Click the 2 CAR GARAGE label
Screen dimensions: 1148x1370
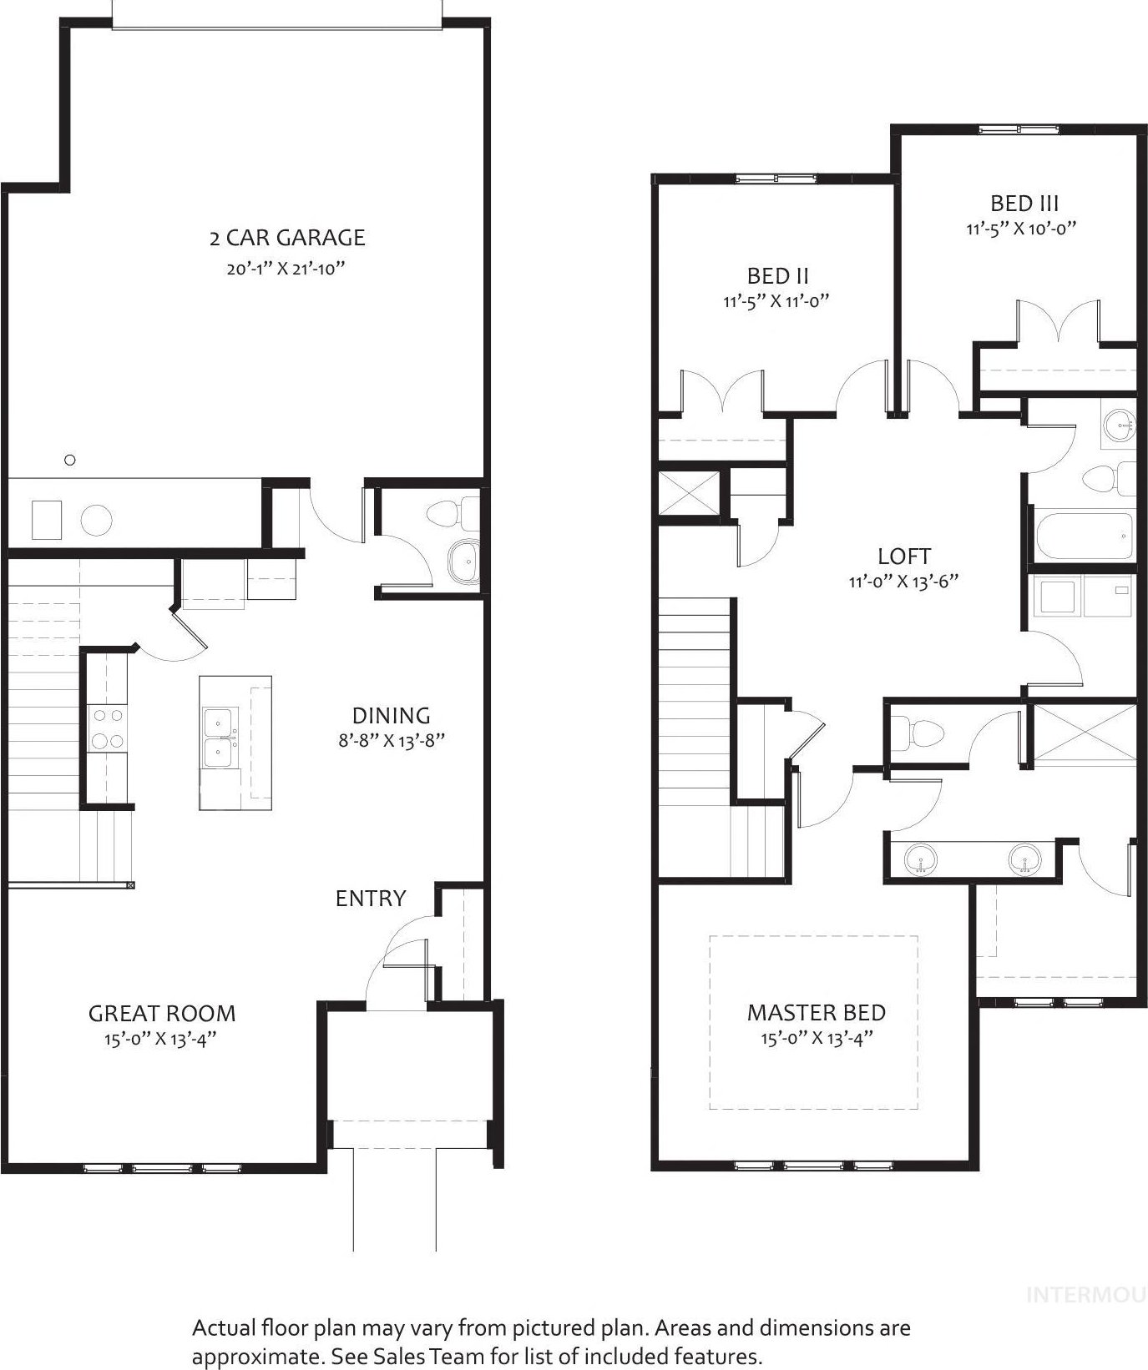tap(287, 238)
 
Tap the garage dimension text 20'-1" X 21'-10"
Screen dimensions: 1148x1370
tap(286, 269)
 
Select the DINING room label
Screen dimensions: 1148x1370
tap(391, 715)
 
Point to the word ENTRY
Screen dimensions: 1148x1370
tap(371, 898)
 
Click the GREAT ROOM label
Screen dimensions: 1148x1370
tap(162, 1014)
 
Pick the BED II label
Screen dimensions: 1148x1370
tap(777, 276)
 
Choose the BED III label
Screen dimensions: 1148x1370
tap(1024, 203)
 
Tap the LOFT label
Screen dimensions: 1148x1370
tap(904, 556)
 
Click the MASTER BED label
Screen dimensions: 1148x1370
tap(817, 1013)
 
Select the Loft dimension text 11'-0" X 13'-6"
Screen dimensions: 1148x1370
tap(903, 582)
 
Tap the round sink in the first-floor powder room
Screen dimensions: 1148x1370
tap(463, 562)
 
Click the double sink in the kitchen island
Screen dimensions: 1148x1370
tap(220, 738)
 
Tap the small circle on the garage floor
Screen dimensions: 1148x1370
tap(70, 460)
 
